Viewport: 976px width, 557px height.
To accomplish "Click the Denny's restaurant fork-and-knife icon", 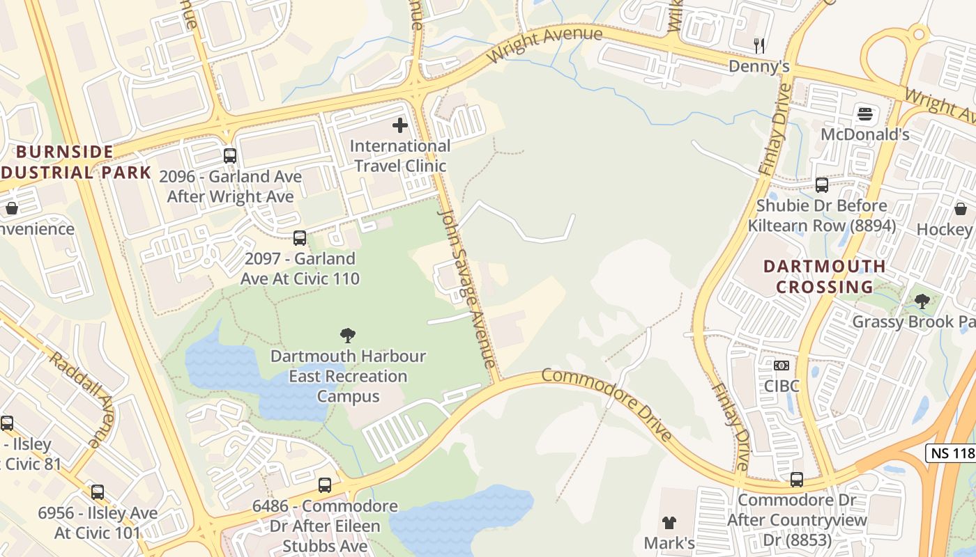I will point(759,46).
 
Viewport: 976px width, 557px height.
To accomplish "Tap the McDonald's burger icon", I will point(865,113).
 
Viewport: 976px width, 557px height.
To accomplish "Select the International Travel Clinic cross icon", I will point(400,125).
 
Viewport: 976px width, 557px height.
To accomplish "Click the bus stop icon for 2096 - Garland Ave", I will point(230,156).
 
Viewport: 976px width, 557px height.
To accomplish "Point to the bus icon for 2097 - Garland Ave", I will point(300,238).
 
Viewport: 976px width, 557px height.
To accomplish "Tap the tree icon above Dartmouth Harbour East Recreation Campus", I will point(348,336).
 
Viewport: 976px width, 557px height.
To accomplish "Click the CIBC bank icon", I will point(781,366).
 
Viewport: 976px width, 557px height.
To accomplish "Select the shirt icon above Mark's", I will point(669,522).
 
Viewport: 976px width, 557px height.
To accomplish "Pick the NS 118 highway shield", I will point(951,453).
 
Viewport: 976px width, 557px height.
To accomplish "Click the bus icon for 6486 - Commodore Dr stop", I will point(325,485).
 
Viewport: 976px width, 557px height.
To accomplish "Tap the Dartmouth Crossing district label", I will point(824,276).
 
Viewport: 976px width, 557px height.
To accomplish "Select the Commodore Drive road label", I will point(607,404).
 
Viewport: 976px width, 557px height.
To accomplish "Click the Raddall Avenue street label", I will point(82,399).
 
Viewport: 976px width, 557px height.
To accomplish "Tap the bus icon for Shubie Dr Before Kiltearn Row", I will point(822,185).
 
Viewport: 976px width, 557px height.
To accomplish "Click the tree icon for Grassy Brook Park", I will point(922,301).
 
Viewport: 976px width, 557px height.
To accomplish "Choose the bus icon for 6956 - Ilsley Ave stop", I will point(98,492).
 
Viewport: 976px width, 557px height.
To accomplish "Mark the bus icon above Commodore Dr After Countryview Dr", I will point(797,480).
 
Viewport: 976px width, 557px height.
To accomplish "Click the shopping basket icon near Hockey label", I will point(961,209).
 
